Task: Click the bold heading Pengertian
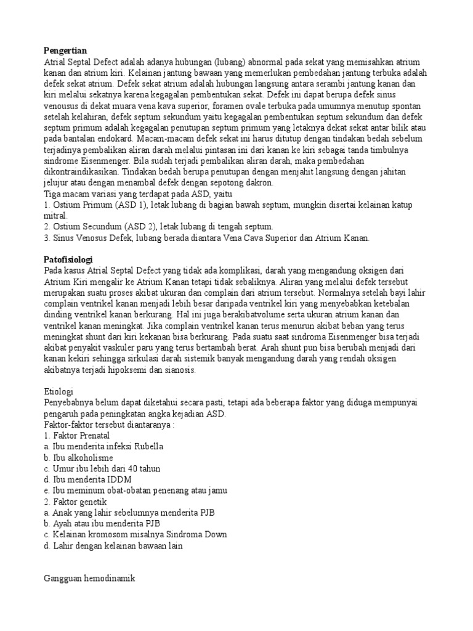tap(65, 50)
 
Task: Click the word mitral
tap(55, 216)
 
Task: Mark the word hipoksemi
tap(130, 371)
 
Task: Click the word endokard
tap(119, 139)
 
